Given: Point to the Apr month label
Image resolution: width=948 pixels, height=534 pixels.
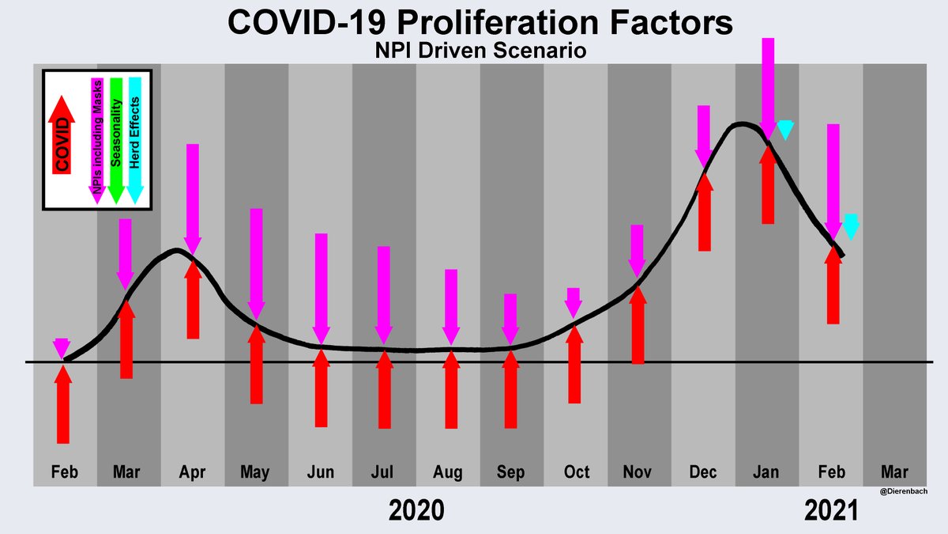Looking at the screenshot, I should [192, 472].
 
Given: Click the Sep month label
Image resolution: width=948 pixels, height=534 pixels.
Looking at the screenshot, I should [510, 472].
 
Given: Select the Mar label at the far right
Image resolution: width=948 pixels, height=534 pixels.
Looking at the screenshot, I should [894, 472].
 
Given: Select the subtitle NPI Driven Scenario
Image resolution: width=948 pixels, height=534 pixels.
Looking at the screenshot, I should [474, 52].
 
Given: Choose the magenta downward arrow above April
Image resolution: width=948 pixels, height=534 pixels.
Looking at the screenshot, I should [192, 198].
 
